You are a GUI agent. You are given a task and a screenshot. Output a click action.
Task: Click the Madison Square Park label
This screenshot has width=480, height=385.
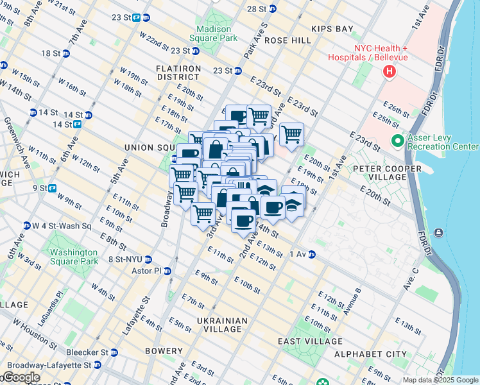tap(218, 33)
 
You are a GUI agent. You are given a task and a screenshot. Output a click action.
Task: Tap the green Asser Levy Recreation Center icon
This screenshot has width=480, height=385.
tap(397, 141)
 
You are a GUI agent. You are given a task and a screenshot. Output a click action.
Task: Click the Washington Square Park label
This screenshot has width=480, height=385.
tap(74, 257)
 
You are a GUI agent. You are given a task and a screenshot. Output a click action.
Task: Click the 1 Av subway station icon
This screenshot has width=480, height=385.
tap(312, 255)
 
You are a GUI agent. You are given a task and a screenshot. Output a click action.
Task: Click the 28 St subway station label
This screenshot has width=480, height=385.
tap(257, 9)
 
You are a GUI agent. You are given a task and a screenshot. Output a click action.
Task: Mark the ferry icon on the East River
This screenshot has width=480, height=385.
tap(438, 232)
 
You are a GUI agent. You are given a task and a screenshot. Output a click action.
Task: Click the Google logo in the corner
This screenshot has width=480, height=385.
tap(21, 377)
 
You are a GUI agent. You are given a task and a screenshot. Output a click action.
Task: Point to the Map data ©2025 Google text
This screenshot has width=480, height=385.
tap(440, 380)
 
